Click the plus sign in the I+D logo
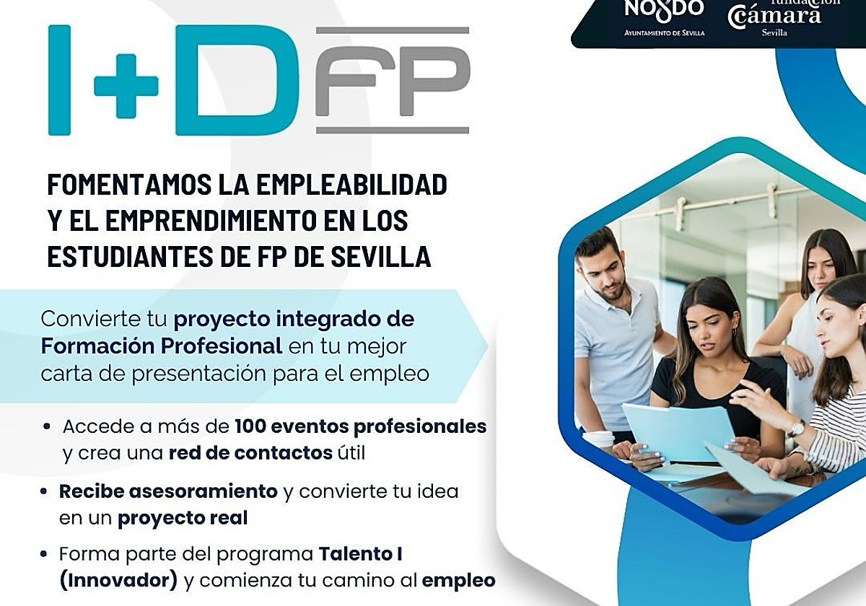126,86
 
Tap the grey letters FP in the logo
393,81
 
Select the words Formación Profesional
161,346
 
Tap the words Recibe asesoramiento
168,491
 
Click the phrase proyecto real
183,518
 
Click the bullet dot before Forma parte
45,555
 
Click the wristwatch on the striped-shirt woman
797,429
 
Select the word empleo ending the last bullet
459,580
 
